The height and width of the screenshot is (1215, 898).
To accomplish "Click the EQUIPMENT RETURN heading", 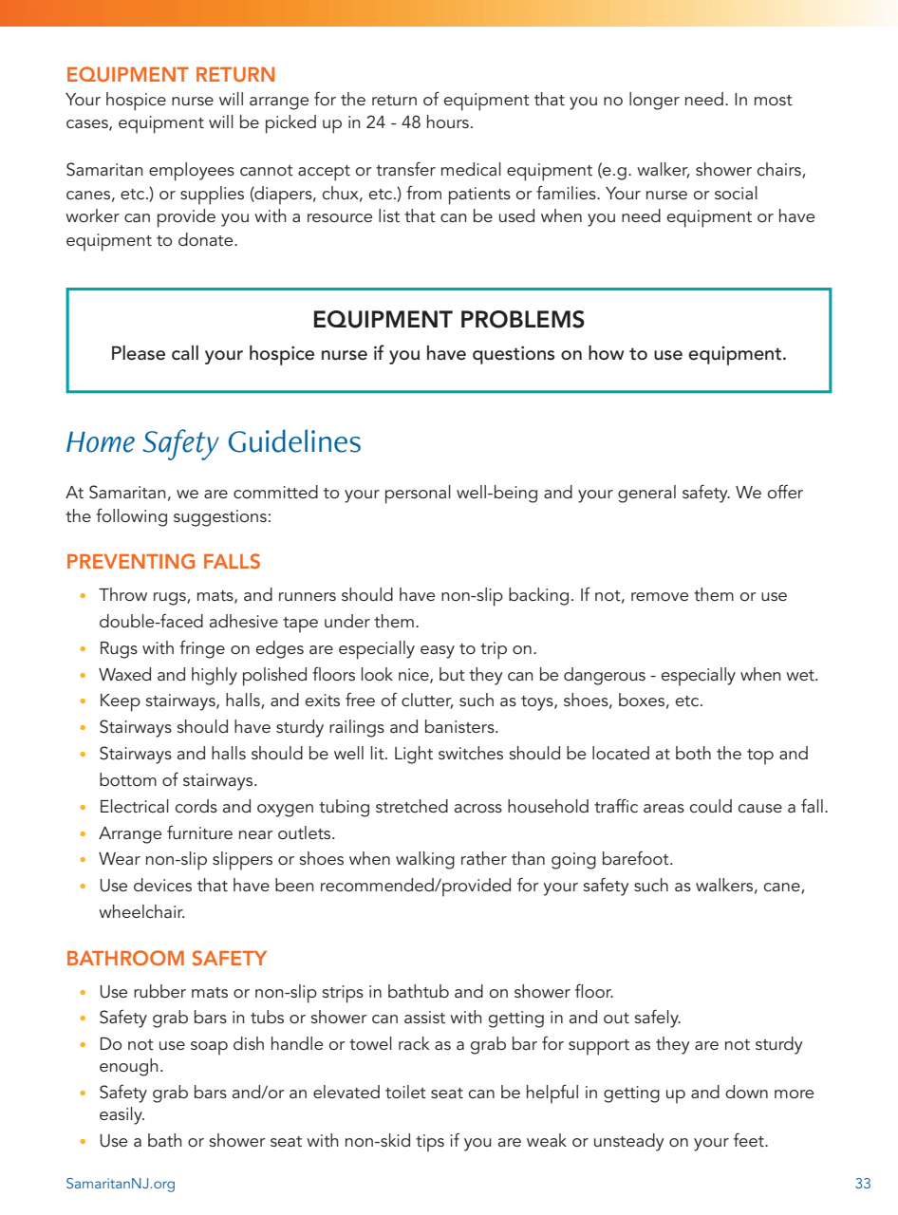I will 171,75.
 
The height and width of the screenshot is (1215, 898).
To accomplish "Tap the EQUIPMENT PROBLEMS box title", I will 448,320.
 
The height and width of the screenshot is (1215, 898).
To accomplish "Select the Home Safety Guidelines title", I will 214,442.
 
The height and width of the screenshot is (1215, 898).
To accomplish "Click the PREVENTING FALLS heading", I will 163,562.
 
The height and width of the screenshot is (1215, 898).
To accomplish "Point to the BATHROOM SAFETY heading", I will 166,959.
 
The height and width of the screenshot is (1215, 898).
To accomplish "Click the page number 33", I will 863,1184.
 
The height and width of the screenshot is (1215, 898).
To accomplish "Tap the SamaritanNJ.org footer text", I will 121,1184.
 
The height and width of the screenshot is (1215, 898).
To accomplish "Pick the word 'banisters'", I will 462,728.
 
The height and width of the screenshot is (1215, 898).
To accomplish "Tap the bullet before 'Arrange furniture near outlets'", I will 83,834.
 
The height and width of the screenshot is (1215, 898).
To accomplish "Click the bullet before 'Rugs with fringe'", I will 83,649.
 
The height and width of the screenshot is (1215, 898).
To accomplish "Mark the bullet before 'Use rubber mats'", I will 83,993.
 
